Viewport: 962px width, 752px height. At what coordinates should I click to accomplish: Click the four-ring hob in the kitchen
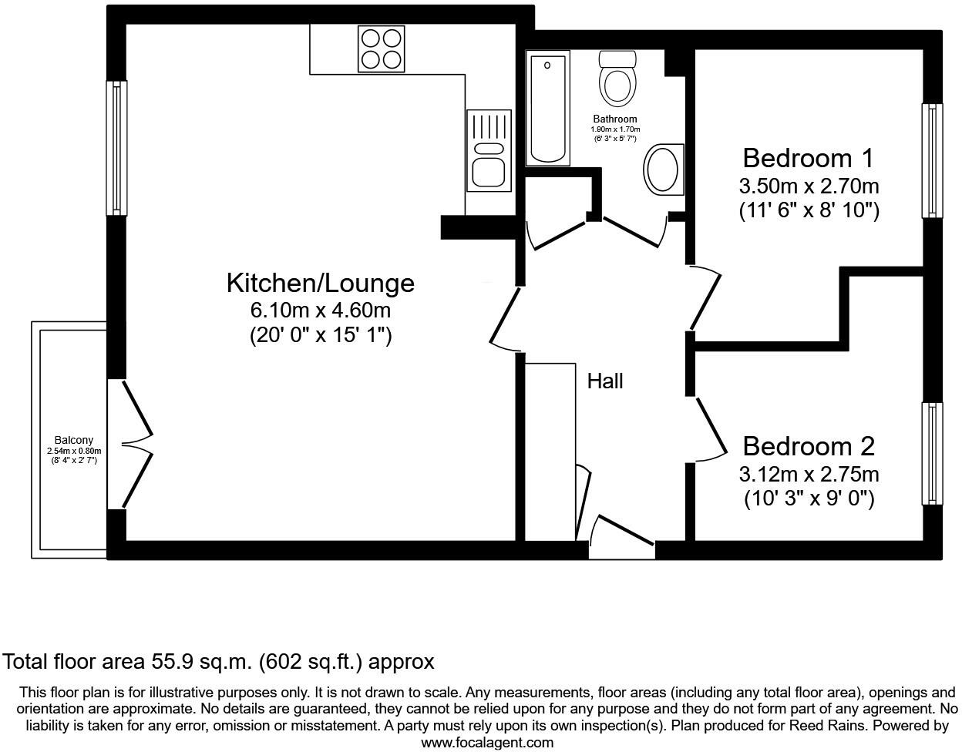(381, 49)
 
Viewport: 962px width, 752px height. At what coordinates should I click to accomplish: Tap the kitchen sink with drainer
(488, 150)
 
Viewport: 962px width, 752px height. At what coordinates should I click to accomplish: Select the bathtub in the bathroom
(547, 108)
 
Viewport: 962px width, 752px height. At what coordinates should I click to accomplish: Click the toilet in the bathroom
(617, 79)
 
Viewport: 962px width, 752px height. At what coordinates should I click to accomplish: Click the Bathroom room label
(615, 119)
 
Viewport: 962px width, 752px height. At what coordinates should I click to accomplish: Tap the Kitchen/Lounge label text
(320, 283)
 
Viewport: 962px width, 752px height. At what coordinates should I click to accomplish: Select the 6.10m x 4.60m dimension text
(320, 311)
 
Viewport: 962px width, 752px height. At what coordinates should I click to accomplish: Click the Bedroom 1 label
(808, 158)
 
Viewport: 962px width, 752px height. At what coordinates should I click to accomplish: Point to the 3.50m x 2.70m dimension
(809, 186)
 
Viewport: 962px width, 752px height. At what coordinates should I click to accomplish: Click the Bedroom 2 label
(809, 446)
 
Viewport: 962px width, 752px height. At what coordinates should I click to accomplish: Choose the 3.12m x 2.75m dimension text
(809, 474)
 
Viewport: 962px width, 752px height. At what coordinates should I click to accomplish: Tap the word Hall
(605, 381)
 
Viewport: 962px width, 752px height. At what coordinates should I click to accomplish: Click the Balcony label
(73, 441)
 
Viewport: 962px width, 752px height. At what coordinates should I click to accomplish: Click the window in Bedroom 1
(932, 160)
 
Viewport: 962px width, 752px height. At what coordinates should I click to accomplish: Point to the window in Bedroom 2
(932, 453)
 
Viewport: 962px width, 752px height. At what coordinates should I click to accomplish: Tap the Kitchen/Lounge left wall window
(116, 148)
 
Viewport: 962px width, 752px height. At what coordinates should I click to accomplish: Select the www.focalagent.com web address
(487, 743)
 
